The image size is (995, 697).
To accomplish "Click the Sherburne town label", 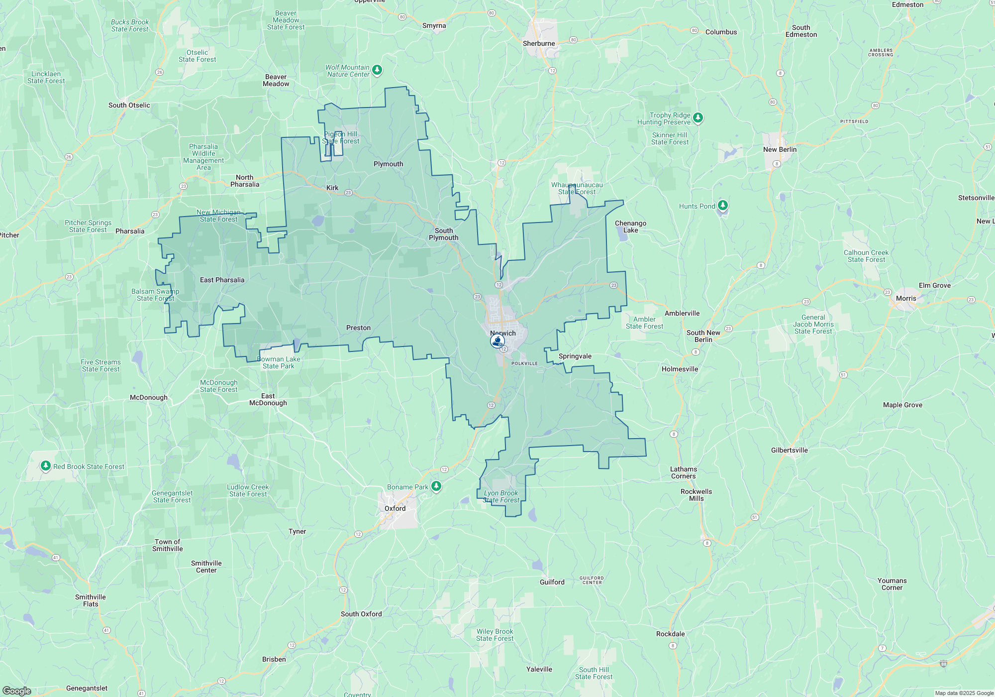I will pos(538,43).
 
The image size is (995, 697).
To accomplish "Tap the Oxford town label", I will pos(395,508).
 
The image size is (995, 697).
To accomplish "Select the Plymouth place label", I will pos(388,164).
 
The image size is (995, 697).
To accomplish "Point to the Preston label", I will pos(358,328).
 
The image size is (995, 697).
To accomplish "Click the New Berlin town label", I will pos(780,149).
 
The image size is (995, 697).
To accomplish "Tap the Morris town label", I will pos(906,298).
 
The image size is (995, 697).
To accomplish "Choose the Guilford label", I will pos(552,582).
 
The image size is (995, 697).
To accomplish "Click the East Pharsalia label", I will pos(222,280).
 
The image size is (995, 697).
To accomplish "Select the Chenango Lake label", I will pos(630,227).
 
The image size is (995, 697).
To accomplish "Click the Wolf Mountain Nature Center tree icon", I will pos(377,70).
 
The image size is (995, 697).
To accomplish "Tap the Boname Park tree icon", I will pos(436,485).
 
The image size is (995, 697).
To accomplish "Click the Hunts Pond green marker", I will pos(723,205).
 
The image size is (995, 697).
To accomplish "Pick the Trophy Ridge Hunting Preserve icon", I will pos(698,117).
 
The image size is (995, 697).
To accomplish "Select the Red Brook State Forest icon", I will pos(46,465).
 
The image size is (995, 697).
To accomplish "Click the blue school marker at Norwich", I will pos(497,341).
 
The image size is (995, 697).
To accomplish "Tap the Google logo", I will pos(17,691).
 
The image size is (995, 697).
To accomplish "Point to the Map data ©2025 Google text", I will pos(964,693).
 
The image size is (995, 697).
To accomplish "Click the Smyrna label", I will pos(434,25).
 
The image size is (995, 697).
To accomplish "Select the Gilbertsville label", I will pos(789,450).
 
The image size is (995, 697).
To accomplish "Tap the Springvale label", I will pos(575,356).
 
